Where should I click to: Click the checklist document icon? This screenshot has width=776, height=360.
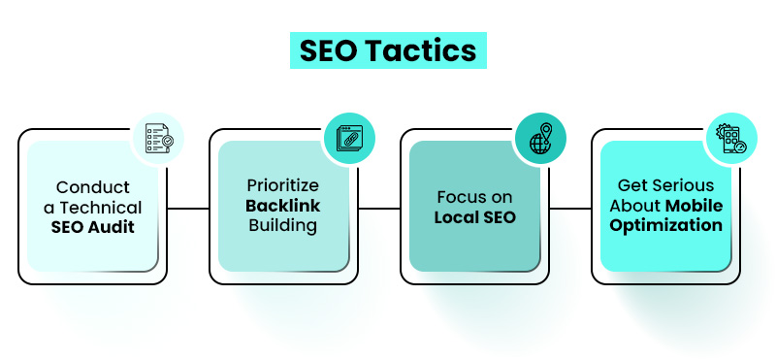[158, 140]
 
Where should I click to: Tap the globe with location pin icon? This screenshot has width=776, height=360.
[540, 140]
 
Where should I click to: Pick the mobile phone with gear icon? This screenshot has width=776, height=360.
[731, 140]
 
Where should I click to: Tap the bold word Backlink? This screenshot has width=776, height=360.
[282, 207]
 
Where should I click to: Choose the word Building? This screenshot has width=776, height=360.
[282, 225]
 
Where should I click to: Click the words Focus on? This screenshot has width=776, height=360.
[473, 197]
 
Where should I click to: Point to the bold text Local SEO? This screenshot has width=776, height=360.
[473, 216]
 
